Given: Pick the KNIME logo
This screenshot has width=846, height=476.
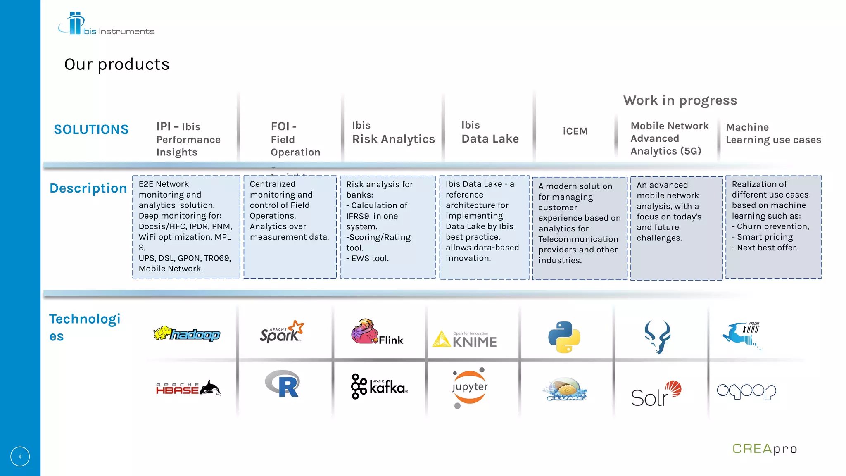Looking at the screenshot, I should click(x=465, y=339).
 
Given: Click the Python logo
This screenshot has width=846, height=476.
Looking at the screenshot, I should click(x=564, y=337).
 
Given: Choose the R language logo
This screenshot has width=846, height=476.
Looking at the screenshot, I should click(x=283, y=383).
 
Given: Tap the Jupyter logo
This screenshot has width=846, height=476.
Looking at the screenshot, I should click(x=470, y=387).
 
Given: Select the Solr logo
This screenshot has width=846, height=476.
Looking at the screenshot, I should click(x=656, y=394).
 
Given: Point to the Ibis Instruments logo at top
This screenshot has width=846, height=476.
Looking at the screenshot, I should click(x=106, y=24).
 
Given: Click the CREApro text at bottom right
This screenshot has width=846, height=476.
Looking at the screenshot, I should click(x=765, y=449).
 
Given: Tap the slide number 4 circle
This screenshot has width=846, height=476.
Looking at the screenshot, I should click(x=20, y=457).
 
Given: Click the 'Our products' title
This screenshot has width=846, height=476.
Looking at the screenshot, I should click(x=117, y=64).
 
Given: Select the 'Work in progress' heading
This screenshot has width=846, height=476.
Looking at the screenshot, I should click(x=680, y=100).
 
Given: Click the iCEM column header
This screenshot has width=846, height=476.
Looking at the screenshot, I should click(x=575, y=131).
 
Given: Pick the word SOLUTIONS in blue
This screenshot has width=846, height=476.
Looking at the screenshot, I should click(x=91, y=130).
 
